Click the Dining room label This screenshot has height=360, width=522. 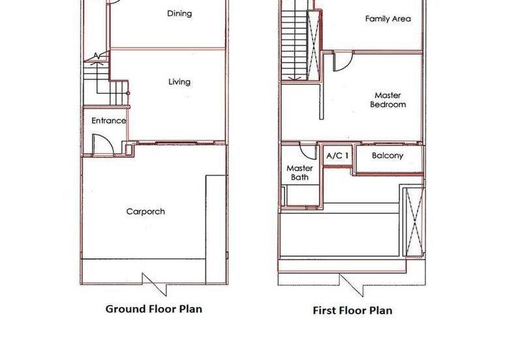179,13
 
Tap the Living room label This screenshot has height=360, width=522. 179,82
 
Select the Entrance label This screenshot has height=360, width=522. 108,121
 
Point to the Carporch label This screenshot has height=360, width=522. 146,211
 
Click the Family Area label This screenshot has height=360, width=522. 388,19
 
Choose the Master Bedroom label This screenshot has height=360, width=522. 388,100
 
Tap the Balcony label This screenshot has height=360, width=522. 388,156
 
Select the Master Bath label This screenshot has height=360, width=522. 299,173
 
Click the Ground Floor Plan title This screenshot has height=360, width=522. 154,308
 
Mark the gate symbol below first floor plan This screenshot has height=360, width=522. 350,284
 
